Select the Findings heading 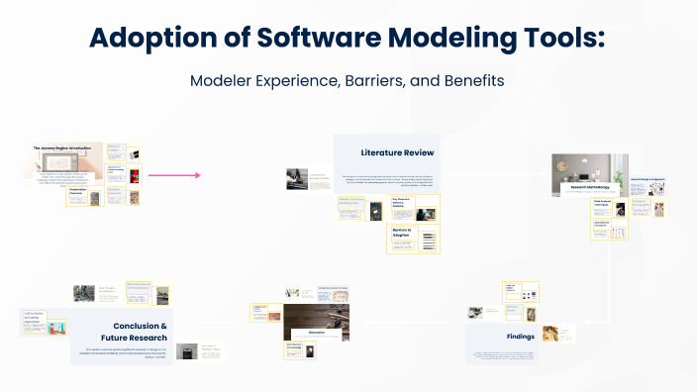point(521,337)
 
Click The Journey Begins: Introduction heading point(61,148)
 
